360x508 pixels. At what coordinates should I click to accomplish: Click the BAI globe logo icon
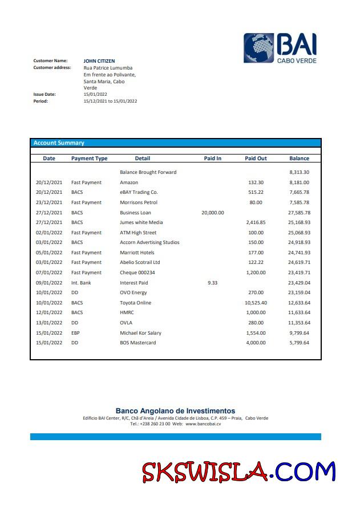pyautogui.click(x=260, y=48)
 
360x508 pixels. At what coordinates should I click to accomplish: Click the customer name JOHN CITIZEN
pyautogui.click(x=99, y=60)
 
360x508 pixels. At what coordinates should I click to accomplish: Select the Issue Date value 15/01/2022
pyautogui.click(x=95, y=94)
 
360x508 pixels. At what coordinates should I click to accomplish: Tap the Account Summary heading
pyautogui.click(x=59, y=143)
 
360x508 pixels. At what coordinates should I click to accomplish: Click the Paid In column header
pyautogui.click(x=212, y=159)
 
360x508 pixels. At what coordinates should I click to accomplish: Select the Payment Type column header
pyautogui.click(x=89, y=159)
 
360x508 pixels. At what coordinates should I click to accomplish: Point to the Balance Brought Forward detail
pyautogui.click(x=148, y=172)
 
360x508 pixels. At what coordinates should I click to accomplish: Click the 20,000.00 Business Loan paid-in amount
pyautogui.click(x=212, y=213)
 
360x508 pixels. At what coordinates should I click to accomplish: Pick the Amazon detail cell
pyautogui.click(x=129, y=182)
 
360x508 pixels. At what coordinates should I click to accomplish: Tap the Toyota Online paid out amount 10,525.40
pyautogui.click(x=256, y=303)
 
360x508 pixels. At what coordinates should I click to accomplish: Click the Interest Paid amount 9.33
pyautogui.click(x=212, y=283)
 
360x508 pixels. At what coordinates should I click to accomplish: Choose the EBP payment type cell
pyautogui.click(x=75, y=332)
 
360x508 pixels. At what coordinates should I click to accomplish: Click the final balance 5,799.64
pyautogui.click(x=299, y=343)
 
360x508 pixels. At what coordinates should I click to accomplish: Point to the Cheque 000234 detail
pyautogui.click(x=137, y=273)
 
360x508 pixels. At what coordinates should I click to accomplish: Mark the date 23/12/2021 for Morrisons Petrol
pyautogui.click(x=49, y=202)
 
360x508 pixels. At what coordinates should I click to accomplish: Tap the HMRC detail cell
pyautogui.click(x=127, y=312)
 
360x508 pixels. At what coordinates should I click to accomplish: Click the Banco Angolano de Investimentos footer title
pyautogui.click(x=175, y=411)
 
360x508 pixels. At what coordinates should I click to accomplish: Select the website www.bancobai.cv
pyautogui.click(x=203, y=424)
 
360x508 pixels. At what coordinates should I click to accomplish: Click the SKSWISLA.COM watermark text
pyautogui.click(x=238, y=472)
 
